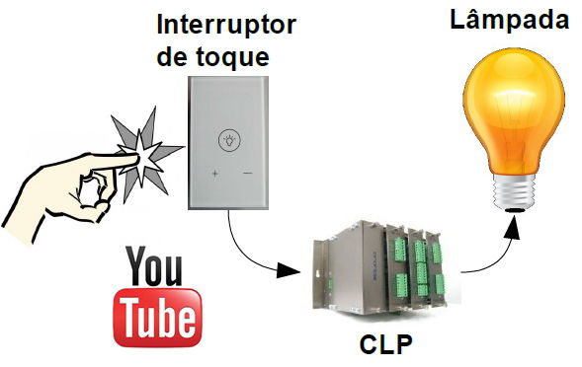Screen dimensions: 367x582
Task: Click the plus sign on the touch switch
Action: click(x=213, y=175)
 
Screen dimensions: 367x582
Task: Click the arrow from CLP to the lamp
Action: click(x=494, y=252)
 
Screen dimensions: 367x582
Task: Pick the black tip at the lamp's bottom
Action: click(x=515, y=209)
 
